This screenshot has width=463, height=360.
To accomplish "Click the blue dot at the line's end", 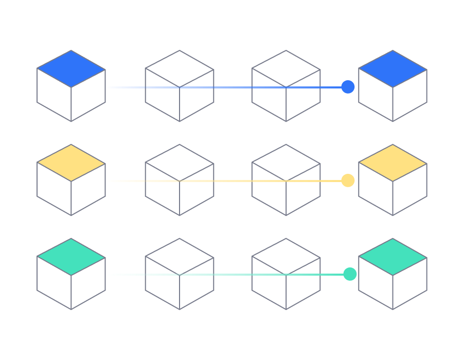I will (x=348, y=87).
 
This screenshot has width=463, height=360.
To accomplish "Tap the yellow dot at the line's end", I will (x=348, y=181).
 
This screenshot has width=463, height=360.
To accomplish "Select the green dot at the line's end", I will (x=350, y=274).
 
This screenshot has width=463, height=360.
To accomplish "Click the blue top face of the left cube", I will (x=71, y=68).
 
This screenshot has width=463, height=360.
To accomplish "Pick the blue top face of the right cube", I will (x=393, y=68).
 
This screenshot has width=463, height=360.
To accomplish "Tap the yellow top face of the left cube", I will (x=71, y=163).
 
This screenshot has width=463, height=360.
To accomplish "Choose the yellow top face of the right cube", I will (x=393, y=163).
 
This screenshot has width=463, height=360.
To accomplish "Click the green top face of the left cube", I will (x=71, y=257).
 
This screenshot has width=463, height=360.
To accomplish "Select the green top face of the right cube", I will (x=393, y=257).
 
